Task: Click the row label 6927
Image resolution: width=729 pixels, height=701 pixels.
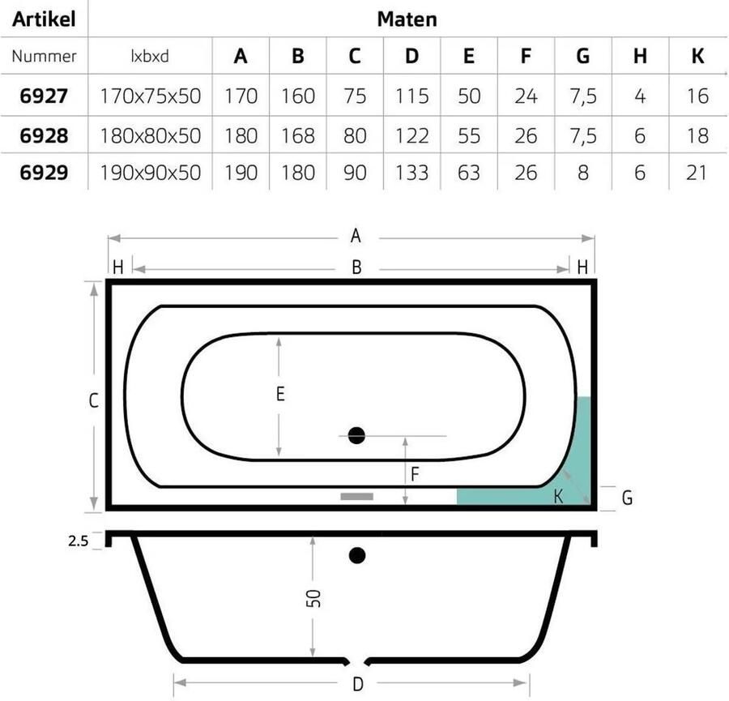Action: click(44, 96)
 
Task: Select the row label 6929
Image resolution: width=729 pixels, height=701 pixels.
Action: click(44, 173)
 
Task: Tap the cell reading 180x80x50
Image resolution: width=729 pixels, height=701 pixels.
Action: click(150, 135)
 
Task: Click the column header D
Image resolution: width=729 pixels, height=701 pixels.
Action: click(412, 56)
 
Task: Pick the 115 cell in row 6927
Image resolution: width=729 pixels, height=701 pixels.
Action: click(412, 96)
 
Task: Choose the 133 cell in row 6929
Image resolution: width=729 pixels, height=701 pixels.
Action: click(412, 173)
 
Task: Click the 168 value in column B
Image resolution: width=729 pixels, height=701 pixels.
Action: click(298, 135)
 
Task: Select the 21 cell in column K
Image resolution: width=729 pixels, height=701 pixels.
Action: click(696, 173)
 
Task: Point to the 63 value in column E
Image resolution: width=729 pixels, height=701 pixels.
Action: click(469, 173)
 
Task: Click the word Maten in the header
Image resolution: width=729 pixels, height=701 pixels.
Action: click(407, 19)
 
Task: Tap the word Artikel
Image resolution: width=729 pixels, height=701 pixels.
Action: click(45, 19)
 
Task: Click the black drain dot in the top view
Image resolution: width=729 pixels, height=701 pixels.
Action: click(356, 436)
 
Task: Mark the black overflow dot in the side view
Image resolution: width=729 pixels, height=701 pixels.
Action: click(357, 555)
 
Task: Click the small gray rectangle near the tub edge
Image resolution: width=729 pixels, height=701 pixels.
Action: click(356, 496)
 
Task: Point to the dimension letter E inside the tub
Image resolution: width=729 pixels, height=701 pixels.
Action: click(280, 395)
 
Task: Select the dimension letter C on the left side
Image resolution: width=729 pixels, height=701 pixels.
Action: click(94, 400)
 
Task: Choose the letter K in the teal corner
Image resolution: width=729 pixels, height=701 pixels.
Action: click(558, 497)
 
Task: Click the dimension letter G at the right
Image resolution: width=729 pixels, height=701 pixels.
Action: click(626, 498)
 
